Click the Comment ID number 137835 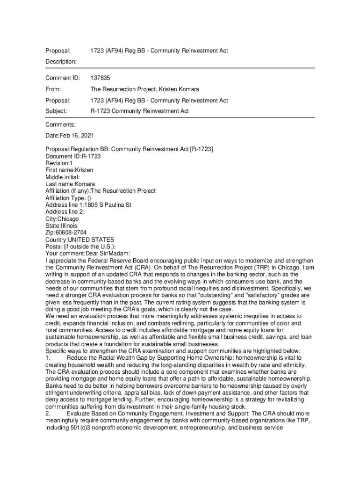tap(100, 78)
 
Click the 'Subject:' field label tap(56, 111)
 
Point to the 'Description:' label tap(61, 61)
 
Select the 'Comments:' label tap(60, 124)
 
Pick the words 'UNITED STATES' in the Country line tap(91, 239)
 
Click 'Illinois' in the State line tap(69, 225)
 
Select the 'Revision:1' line tap(59, 163)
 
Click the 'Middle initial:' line tap(63, 177)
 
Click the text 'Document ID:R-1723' tap(73, 156)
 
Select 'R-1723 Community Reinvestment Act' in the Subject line tap(139, 111)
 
